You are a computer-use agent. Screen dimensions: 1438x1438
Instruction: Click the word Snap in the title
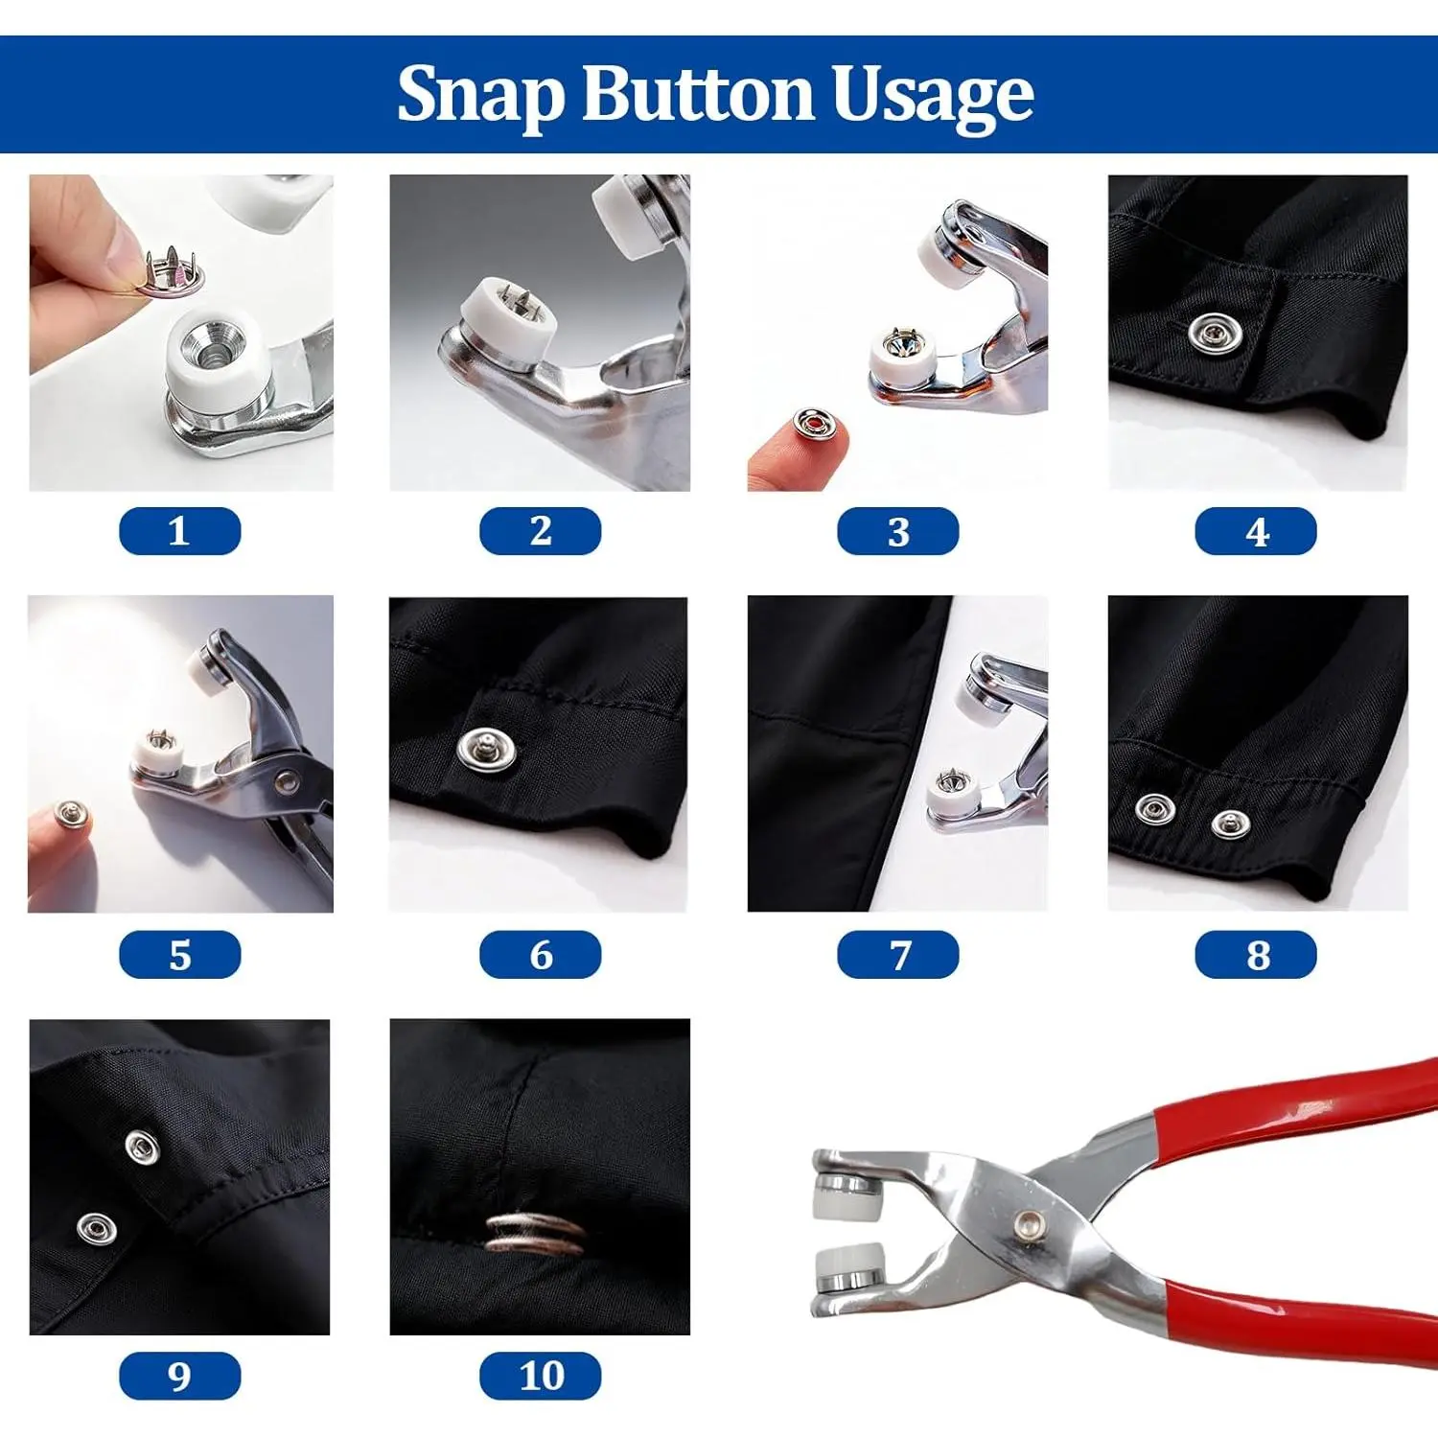click(482, 94)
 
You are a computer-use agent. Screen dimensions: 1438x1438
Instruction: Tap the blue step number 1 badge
click(179, 531)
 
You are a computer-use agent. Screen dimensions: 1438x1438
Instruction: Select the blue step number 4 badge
click(1256, 531)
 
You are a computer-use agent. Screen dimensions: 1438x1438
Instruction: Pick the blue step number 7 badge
click(898, 955)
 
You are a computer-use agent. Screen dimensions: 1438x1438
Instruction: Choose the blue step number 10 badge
click(541, 1376)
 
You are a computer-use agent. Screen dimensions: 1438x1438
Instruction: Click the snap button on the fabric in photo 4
click(1215, 333)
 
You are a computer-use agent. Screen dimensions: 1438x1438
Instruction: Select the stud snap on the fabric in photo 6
click(486, 749)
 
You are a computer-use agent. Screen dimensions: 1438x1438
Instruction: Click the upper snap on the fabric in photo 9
click(142, 1146)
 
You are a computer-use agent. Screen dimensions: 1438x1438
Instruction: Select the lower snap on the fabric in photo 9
click(95, 1228)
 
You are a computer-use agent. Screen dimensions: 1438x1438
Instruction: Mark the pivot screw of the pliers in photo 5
click(285, 785)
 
